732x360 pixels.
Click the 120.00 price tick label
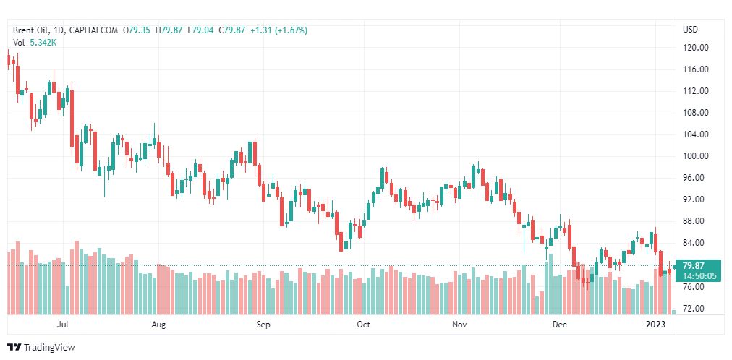coord(695,48)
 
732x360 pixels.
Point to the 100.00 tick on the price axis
coord(695,156)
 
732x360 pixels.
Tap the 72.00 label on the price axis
coord(693,309)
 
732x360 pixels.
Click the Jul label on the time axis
coord(63,325)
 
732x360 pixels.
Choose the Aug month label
coord(159,325)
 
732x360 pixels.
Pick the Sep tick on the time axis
coord(263,325)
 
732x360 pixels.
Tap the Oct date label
coord(363,325)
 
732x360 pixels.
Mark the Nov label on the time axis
coord(459,325)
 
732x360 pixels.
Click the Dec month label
coord(559,325)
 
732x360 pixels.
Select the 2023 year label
coord(656,325)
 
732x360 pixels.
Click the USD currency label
coord(690,30)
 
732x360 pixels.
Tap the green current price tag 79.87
coord(694,265)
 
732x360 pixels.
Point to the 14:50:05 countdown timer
coord(699,275)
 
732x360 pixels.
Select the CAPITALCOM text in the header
coord(95,30)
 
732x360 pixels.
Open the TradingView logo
coord(41,348)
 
